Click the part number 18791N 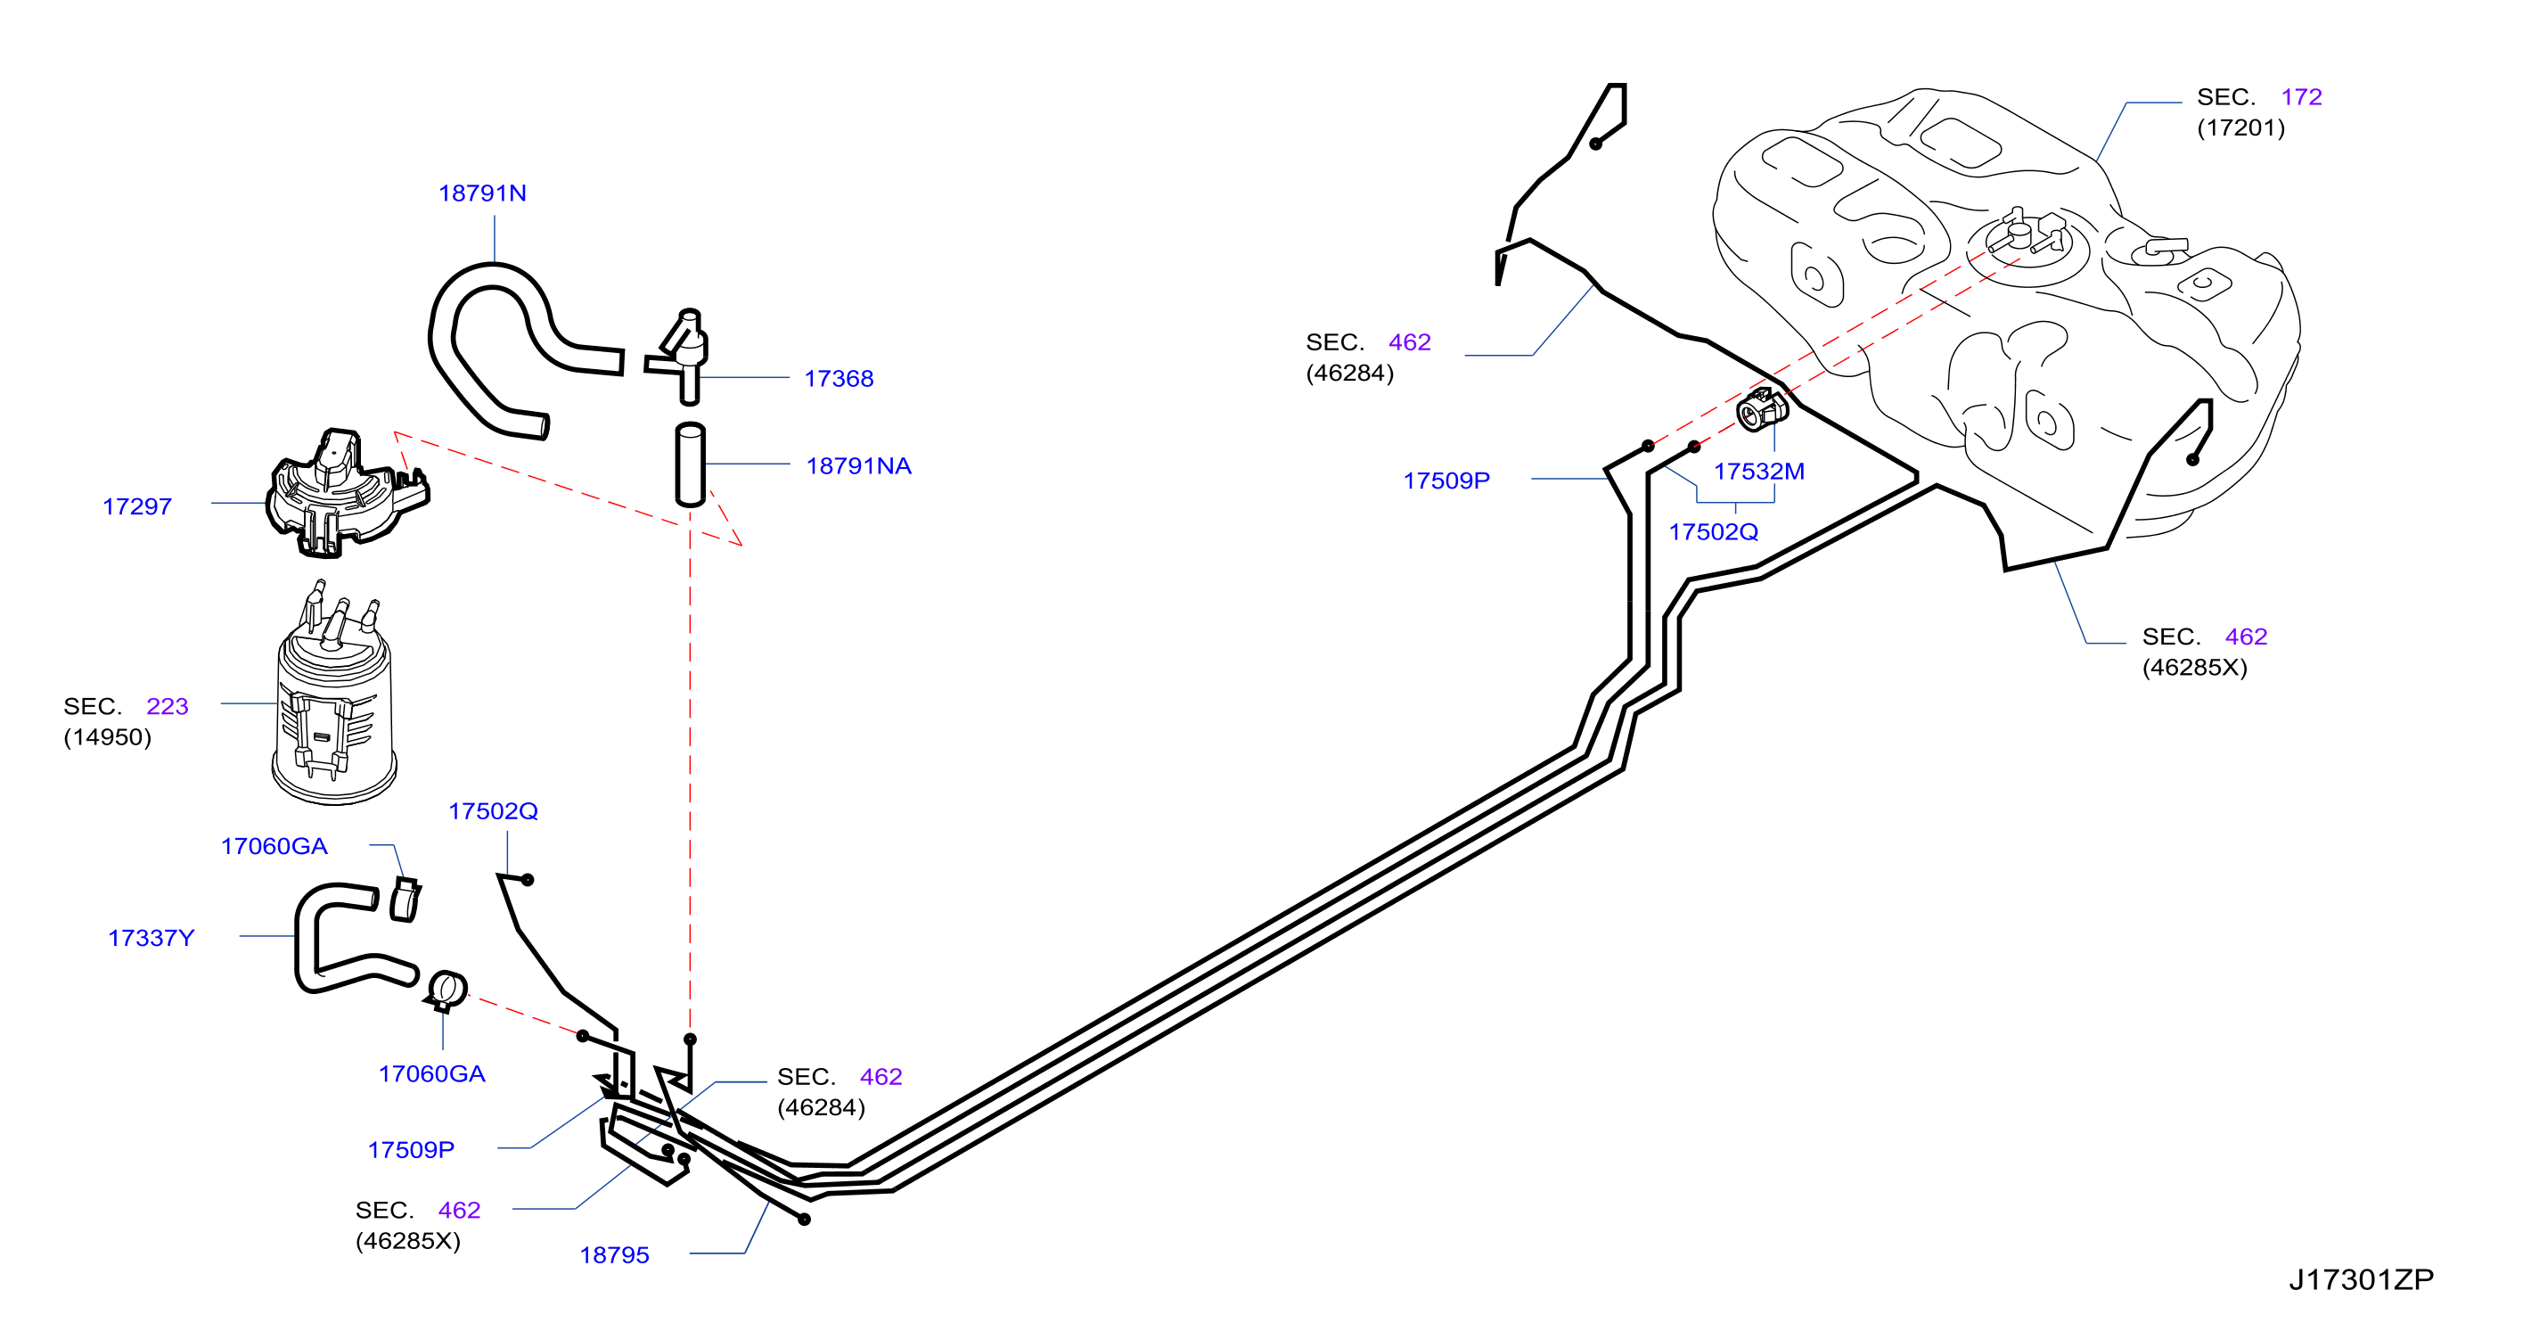481,193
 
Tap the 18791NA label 859,466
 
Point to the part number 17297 136,506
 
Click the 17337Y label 151,938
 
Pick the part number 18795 614,1255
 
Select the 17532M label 1758,471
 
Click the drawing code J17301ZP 2361,1279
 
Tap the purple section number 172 2301,96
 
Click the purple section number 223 167,706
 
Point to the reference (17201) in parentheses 2241,127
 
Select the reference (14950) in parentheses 107,737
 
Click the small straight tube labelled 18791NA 690,464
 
